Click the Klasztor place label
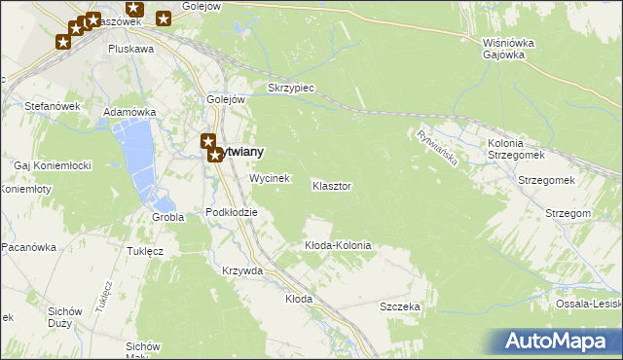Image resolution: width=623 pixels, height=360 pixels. pos(332,185)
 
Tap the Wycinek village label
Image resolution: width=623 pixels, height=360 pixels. pos(269,179)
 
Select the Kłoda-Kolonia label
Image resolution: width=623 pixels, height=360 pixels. pos(338,246)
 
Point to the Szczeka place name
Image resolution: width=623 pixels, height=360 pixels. pos(400,306)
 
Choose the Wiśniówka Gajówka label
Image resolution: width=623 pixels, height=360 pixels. pos(504,49)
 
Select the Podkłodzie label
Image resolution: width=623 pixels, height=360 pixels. pos(232,212)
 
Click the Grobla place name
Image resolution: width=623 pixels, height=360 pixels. pos(168,217)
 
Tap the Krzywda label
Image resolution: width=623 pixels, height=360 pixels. pos(242,270)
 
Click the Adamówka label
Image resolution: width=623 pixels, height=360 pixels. pos(130,113)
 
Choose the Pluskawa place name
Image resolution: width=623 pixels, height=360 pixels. pos(131,48)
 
